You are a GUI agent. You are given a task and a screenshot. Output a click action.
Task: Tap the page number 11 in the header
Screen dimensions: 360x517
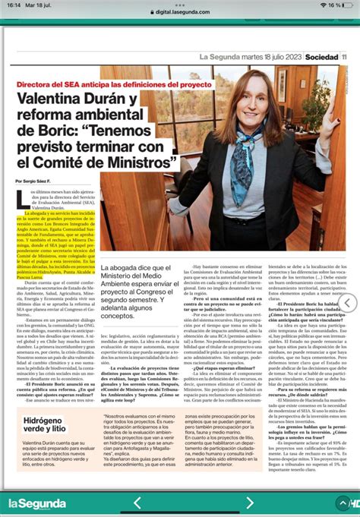(344, 57)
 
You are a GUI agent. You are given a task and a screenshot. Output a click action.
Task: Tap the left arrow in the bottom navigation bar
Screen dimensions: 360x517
(137, 503)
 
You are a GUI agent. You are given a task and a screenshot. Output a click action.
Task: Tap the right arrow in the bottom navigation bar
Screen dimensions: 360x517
(229, 503)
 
